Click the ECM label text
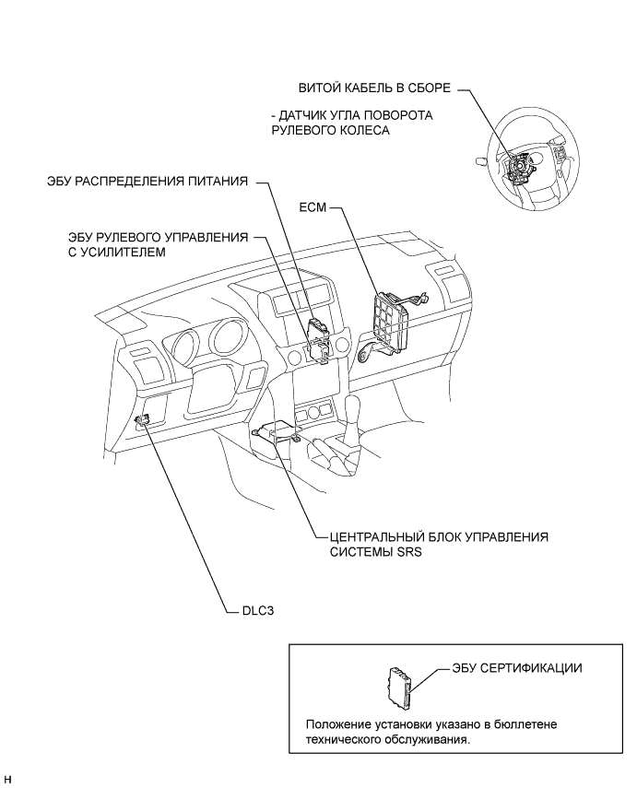click(313, 207)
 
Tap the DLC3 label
click(258, 612)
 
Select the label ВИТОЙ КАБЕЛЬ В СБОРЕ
click(374, 88)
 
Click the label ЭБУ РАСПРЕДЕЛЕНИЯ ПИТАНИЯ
click(147, 181)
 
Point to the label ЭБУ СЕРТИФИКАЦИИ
click(517, 668)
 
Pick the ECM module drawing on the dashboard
click(392, 318)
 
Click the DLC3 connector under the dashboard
click(143, 418)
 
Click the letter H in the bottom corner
click(7, 780)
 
